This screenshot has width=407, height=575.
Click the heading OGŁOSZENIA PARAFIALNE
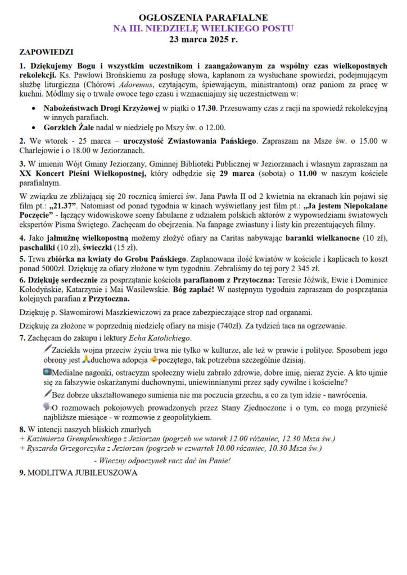203,18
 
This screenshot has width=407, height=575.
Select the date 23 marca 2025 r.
203,39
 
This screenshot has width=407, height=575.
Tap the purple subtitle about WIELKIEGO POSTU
203,29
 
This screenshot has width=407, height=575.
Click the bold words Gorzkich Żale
69,127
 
